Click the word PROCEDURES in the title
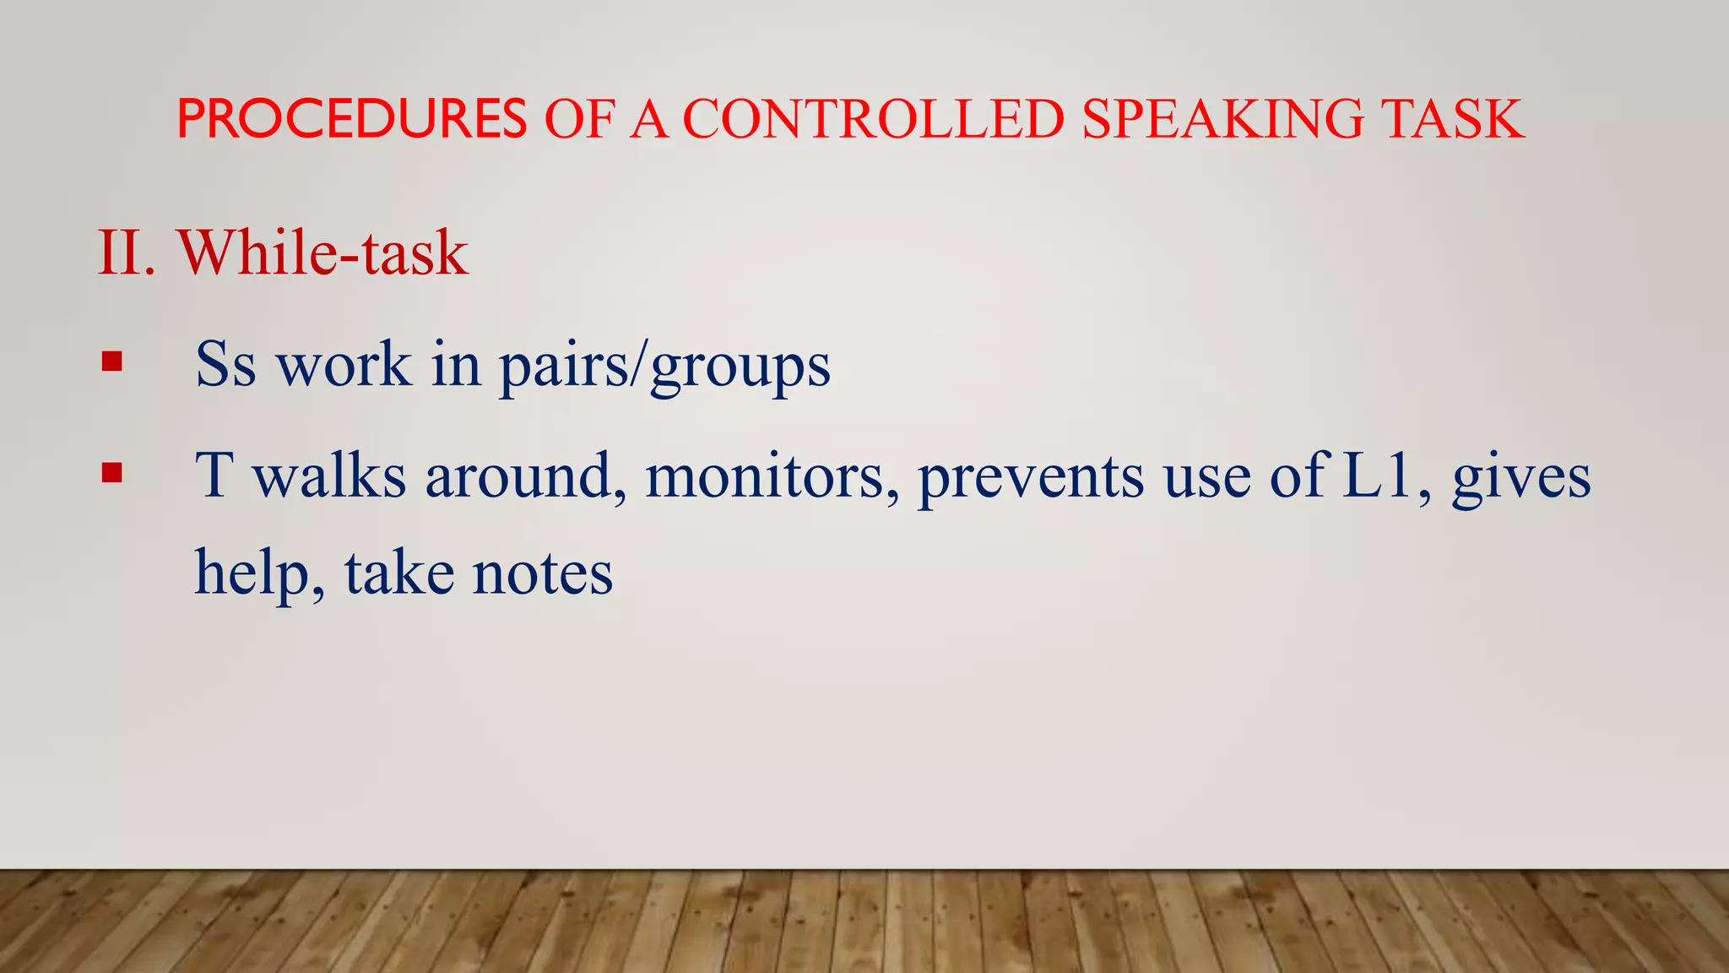pyautogui.click(x=351, y=119)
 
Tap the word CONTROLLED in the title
pyautogui.click(x=873, y=119)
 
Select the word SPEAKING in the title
pyautogui.click(x=1222, y=119)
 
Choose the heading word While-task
pyautogui.click(x=322, y=253)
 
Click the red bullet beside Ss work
pyautogui.click(x=111, y=362)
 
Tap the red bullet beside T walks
pyautogui.click(x=111, y=472)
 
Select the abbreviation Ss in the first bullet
pyautogui.click(x=225, y=365)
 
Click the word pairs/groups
pyautogui.click(x=664, y=367)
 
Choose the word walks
pyautogui.click(x=330, y=476)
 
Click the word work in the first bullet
pyautogui.click(x=344, y=365)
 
